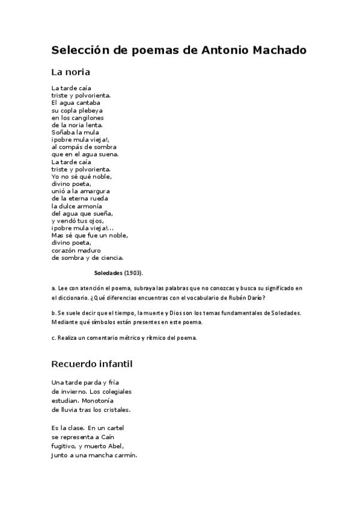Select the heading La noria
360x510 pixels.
point(70,72)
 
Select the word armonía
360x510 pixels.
point(89,206)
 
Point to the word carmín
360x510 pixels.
point(124,455)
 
